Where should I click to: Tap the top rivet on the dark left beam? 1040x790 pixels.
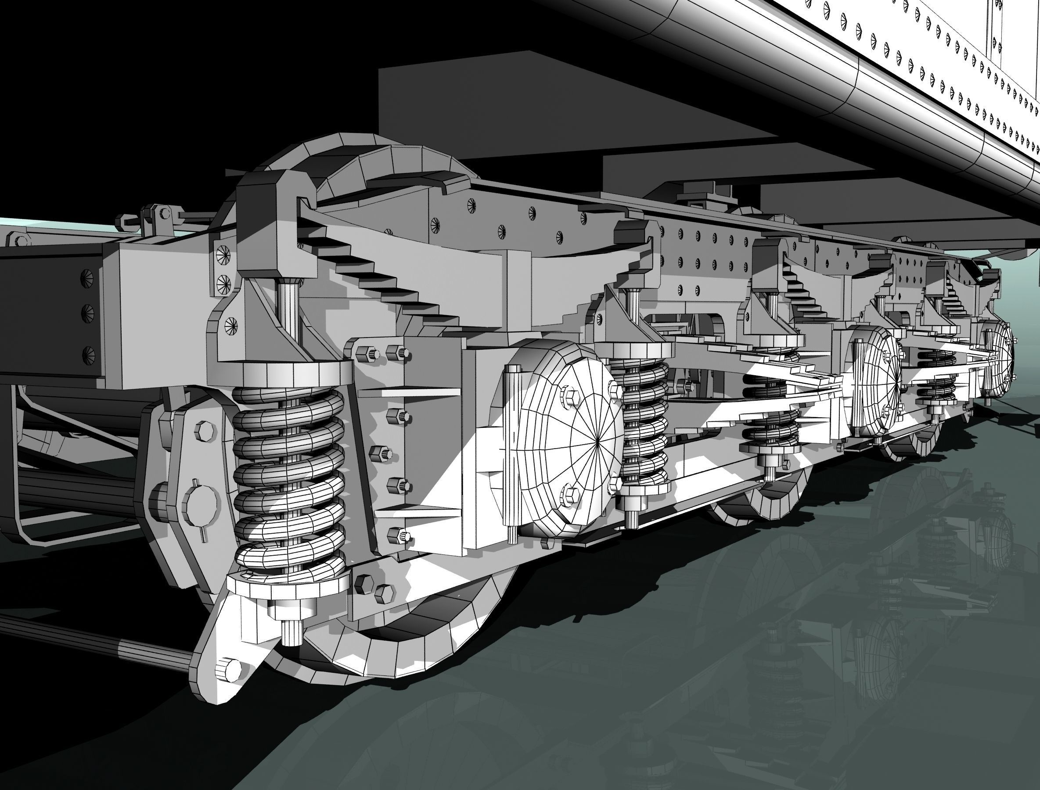pyautogui.click(x=87, y=277)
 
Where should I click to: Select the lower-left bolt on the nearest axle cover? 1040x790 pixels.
pyautogui.click(x=571, y=494)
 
